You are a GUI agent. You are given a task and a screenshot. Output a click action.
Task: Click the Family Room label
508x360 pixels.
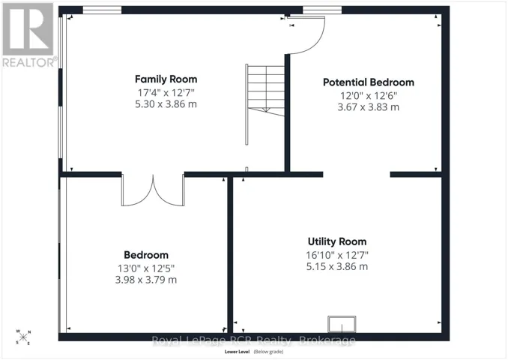point(166,79)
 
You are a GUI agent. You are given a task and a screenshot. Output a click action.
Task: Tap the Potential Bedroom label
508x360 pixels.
point(369,82)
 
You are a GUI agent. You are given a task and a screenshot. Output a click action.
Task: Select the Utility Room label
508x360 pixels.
point(337,241)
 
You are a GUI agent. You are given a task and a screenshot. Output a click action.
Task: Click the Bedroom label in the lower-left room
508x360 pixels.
point(146,255)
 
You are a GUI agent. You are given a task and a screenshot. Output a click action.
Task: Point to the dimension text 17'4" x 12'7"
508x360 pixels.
point(166,93)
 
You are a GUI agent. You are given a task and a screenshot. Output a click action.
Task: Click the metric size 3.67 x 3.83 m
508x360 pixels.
point(369,107)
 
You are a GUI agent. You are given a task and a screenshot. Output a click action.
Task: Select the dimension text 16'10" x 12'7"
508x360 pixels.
point(337,255)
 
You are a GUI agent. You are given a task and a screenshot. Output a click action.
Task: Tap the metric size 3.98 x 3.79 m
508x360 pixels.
point(146,280)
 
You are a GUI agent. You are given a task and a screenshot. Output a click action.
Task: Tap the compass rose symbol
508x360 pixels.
point(23,337)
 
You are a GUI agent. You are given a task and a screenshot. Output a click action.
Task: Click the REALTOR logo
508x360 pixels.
point(29,35)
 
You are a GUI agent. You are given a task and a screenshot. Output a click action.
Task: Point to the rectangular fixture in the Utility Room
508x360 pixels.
point(342,324)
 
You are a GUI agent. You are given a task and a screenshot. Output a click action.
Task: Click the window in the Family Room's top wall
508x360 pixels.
point(102,10)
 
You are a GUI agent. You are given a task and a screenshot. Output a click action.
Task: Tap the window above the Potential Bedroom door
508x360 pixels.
point(322,10)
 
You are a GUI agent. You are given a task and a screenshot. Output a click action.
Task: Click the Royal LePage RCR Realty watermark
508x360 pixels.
point(254,340)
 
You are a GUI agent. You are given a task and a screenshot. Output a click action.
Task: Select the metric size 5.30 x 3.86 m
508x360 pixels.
point(166,104)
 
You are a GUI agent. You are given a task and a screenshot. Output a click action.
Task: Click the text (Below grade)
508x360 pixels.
point(268,352)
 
